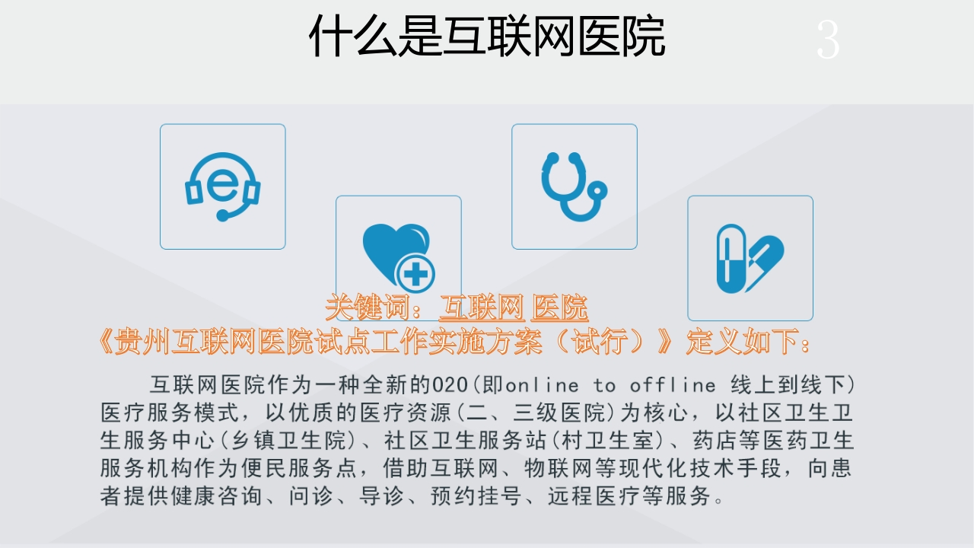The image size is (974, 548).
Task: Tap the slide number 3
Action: tap(828, 40)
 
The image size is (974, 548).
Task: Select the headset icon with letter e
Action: tap(223, 186)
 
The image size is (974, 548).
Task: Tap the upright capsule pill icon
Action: tap(731, 259)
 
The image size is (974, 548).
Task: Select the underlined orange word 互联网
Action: tap(482, 307)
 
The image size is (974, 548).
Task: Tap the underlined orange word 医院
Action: tap(559, 307)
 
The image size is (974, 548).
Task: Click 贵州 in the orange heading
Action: tap(142, 341)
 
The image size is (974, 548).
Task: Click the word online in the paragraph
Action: tap(542, 385)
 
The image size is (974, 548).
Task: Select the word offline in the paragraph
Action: tap(673, 385)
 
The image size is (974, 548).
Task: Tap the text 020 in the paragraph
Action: tap(450, 385)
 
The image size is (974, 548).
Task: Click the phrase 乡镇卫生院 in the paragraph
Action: tap(288, 440)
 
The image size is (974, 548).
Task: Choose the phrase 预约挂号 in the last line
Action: tap(476, 495)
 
